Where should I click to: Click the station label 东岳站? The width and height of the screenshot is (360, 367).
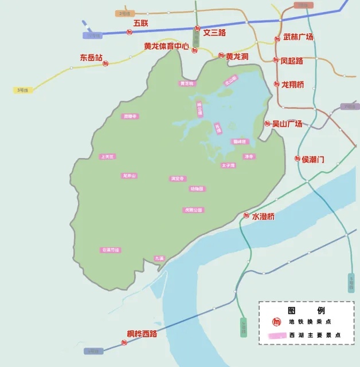click(x=91, y=58)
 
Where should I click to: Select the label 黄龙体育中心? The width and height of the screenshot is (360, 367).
click(x=166, y=46)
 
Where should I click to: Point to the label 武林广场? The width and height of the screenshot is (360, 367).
click(x=298, y=37)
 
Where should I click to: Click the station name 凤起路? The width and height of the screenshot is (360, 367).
click(x=292, y=61)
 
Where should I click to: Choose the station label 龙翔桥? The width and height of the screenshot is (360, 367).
click(x=292, y=85)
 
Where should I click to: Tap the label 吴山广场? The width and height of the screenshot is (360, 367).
click(x=287, y=123)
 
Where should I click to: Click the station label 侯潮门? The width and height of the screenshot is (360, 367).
click(x=313, y=159)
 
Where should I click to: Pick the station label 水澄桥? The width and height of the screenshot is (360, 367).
click(x=263, y=216)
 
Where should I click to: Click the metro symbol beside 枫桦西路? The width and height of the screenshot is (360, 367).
click(x=124, y=342)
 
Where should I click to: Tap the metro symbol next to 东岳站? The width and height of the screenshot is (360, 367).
click(x=105, y=64)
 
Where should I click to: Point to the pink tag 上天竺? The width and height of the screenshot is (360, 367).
click(x=107, y=156)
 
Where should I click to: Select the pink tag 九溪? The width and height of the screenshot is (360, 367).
click(x=159, y=258)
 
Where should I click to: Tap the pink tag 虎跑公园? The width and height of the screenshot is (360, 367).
click(x=193, y=210)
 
